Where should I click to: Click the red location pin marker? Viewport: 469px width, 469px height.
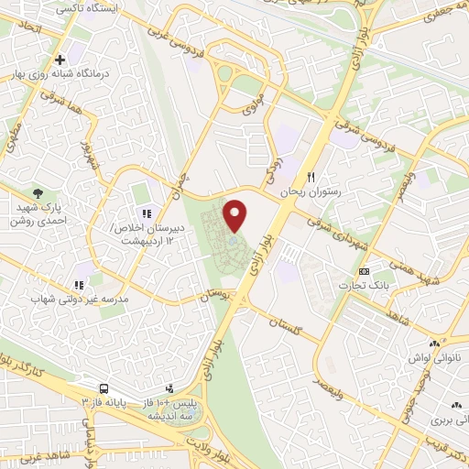tap(235, 215)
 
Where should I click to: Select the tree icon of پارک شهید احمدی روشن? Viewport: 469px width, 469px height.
tap(38, 192)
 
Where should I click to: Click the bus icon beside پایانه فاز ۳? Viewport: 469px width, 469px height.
tap(105, 388)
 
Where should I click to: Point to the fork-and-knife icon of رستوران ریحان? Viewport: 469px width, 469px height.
tap(312, 177)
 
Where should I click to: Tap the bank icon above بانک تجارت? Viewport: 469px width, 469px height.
tap(365, 272)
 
